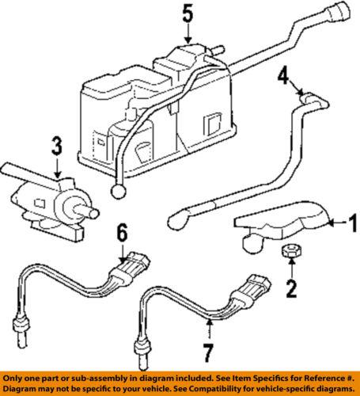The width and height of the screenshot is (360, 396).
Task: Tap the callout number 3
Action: click(x=55, y=147)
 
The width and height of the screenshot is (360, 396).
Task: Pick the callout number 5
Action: click(x=187, y=15)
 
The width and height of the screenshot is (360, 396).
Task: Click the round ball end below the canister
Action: click(x=119, y=190)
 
